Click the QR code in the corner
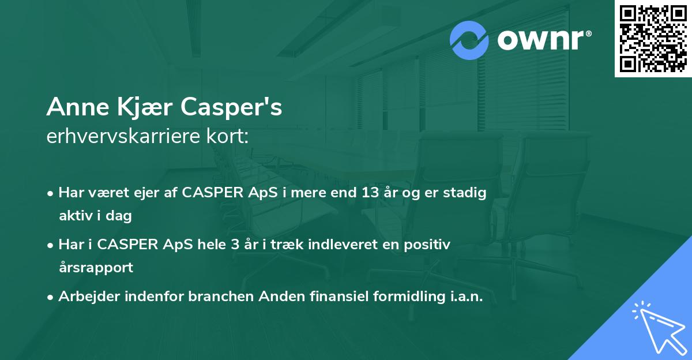coord(652,39)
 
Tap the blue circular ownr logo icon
coord(469,40)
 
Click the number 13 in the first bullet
coord(366,193)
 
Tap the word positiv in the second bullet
coord(428,245)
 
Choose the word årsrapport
coord(96,267)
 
